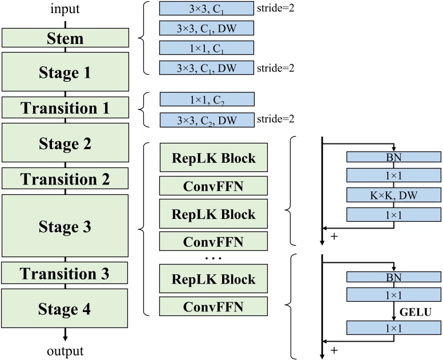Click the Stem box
pyautogui.click(x=65, y=38)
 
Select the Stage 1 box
pyautogui.click(x=65, y=73)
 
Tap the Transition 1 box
pyautogui.click(x=65, y=108)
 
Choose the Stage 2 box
pyautogui.click(x=65, y=143)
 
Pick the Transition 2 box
pyautogui.click(x=65, y=179)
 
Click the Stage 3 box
pyautogui.click(x=65, y=226)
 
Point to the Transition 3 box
pyautogui.click(x=65, y=273)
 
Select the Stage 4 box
pyautogui.click(x=65, y=309)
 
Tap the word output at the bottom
pyautogui.click(x=65, y=350)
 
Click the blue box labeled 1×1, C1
pyautogui.click(x=206, y=48)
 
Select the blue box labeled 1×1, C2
pyautogui.click(x=206, y=99)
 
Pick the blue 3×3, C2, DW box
pyautogui.click(x=206, y=120)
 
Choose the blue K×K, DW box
pyautogui.click(x=393, y=195)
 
